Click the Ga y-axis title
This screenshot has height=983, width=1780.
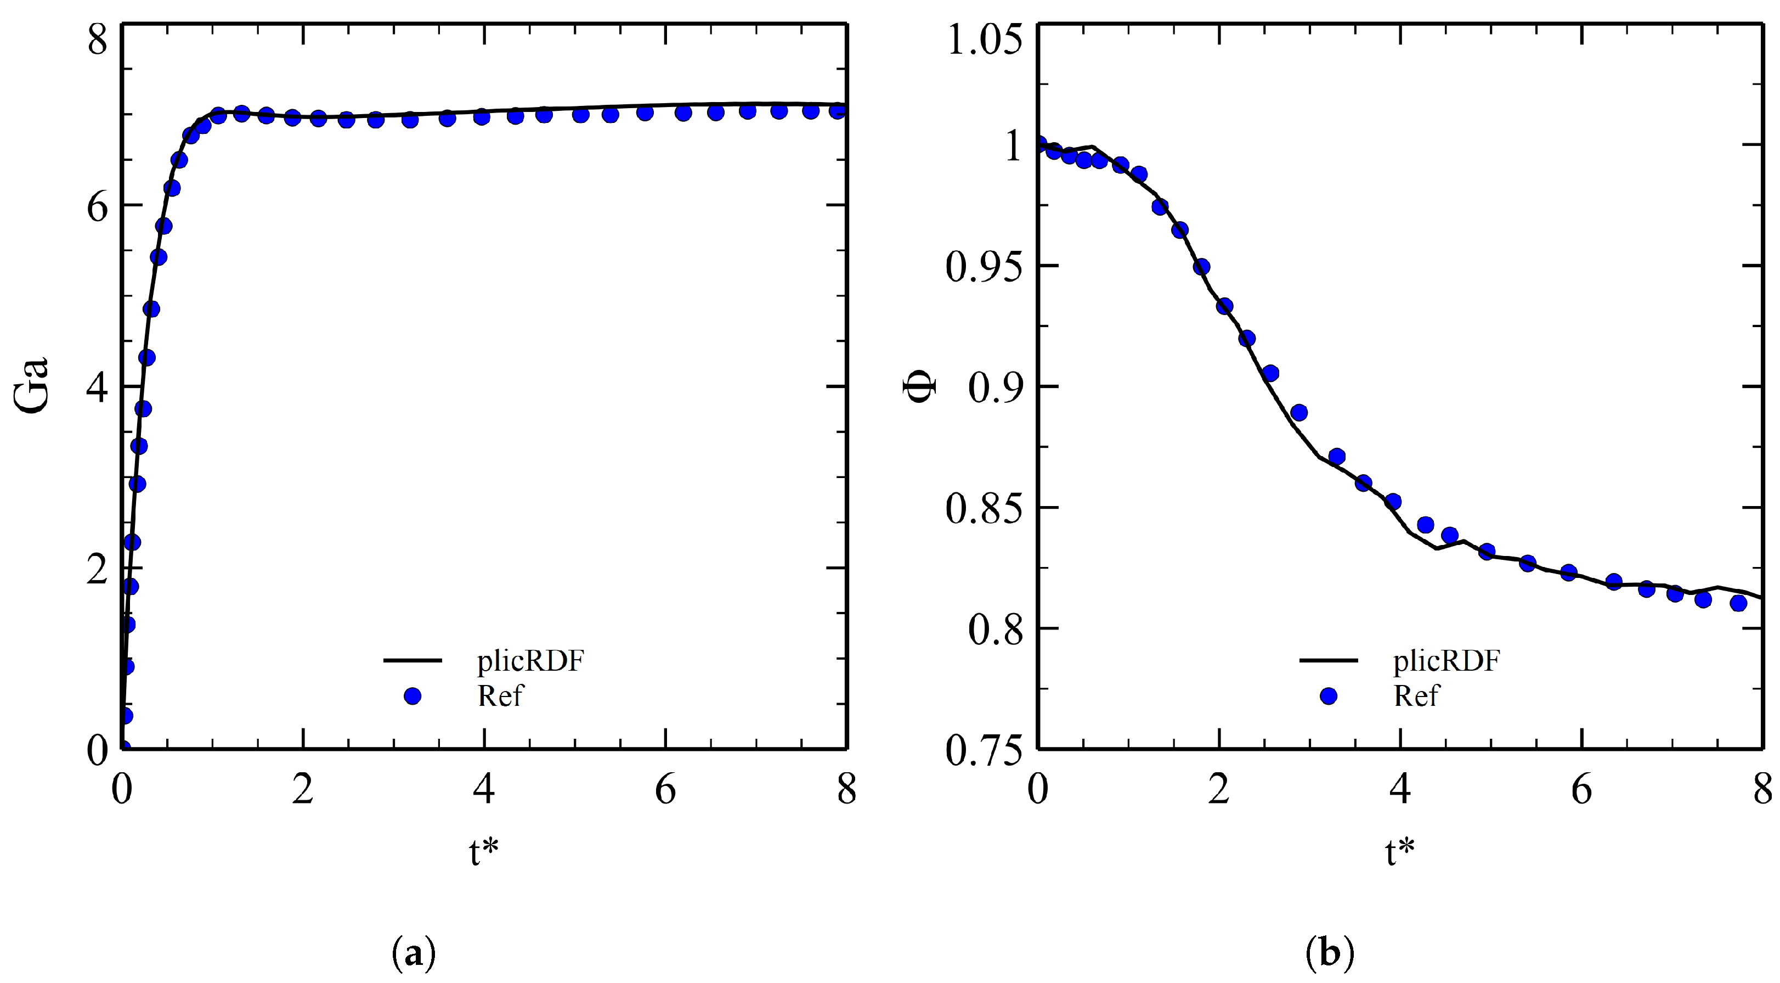coord(32,385)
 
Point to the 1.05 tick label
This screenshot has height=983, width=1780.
coord(984,40)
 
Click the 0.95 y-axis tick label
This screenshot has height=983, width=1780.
coord(984,267)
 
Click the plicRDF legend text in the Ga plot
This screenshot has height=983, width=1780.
coord(530,661)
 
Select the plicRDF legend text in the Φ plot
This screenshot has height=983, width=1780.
coord(1446,661)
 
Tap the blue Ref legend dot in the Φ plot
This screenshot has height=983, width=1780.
coord(1328,696)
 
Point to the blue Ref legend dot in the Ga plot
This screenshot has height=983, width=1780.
coord(412,696)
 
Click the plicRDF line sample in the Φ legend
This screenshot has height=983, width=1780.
coord(1328,661)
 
